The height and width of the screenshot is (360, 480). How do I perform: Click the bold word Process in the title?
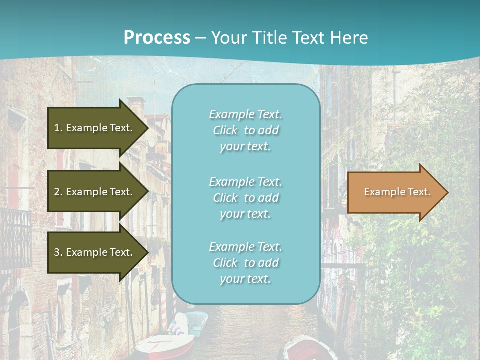click(x=157, y=38)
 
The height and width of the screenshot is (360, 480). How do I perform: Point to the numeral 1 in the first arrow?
click(x=57, y=128)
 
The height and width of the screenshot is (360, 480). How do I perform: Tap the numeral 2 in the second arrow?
click(x=57, y=192)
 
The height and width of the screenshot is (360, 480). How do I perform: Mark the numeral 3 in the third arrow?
click(x=57, y=252)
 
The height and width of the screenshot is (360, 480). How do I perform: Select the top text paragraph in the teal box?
click(x=245, y=130)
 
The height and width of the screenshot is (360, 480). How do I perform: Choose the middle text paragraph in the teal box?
click(x=245, y=198)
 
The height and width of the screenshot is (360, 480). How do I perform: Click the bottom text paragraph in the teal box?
click(x=245, y=263)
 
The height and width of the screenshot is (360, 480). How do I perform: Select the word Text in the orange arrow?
click(x=420, y=192)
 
